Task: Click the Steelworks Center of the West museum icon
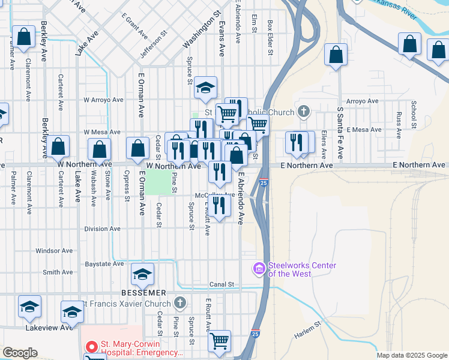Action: coord(259,268)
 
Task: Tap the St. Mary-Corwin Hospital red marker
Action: coord(91,347)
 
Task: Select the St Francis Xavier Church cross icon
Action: coord(179,302)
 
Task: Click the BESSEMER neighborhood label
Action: coord(143,292)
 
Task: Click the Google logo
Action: coord(19,353)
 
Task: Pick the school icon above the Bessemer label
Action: coord(142,274)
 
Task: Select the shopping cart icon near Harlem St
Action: coord(220,341)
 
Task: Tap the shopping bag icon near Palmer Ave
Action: coord(24,37)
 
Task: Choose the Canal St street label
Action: coord(221,284)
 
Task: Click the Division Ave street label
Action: coord(102,229)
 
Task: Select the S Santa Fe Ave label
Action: coord(340,133)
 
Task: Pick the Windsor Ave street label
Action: coord(54,251)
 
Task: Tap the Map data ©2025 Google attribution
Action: coord(412,355)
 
